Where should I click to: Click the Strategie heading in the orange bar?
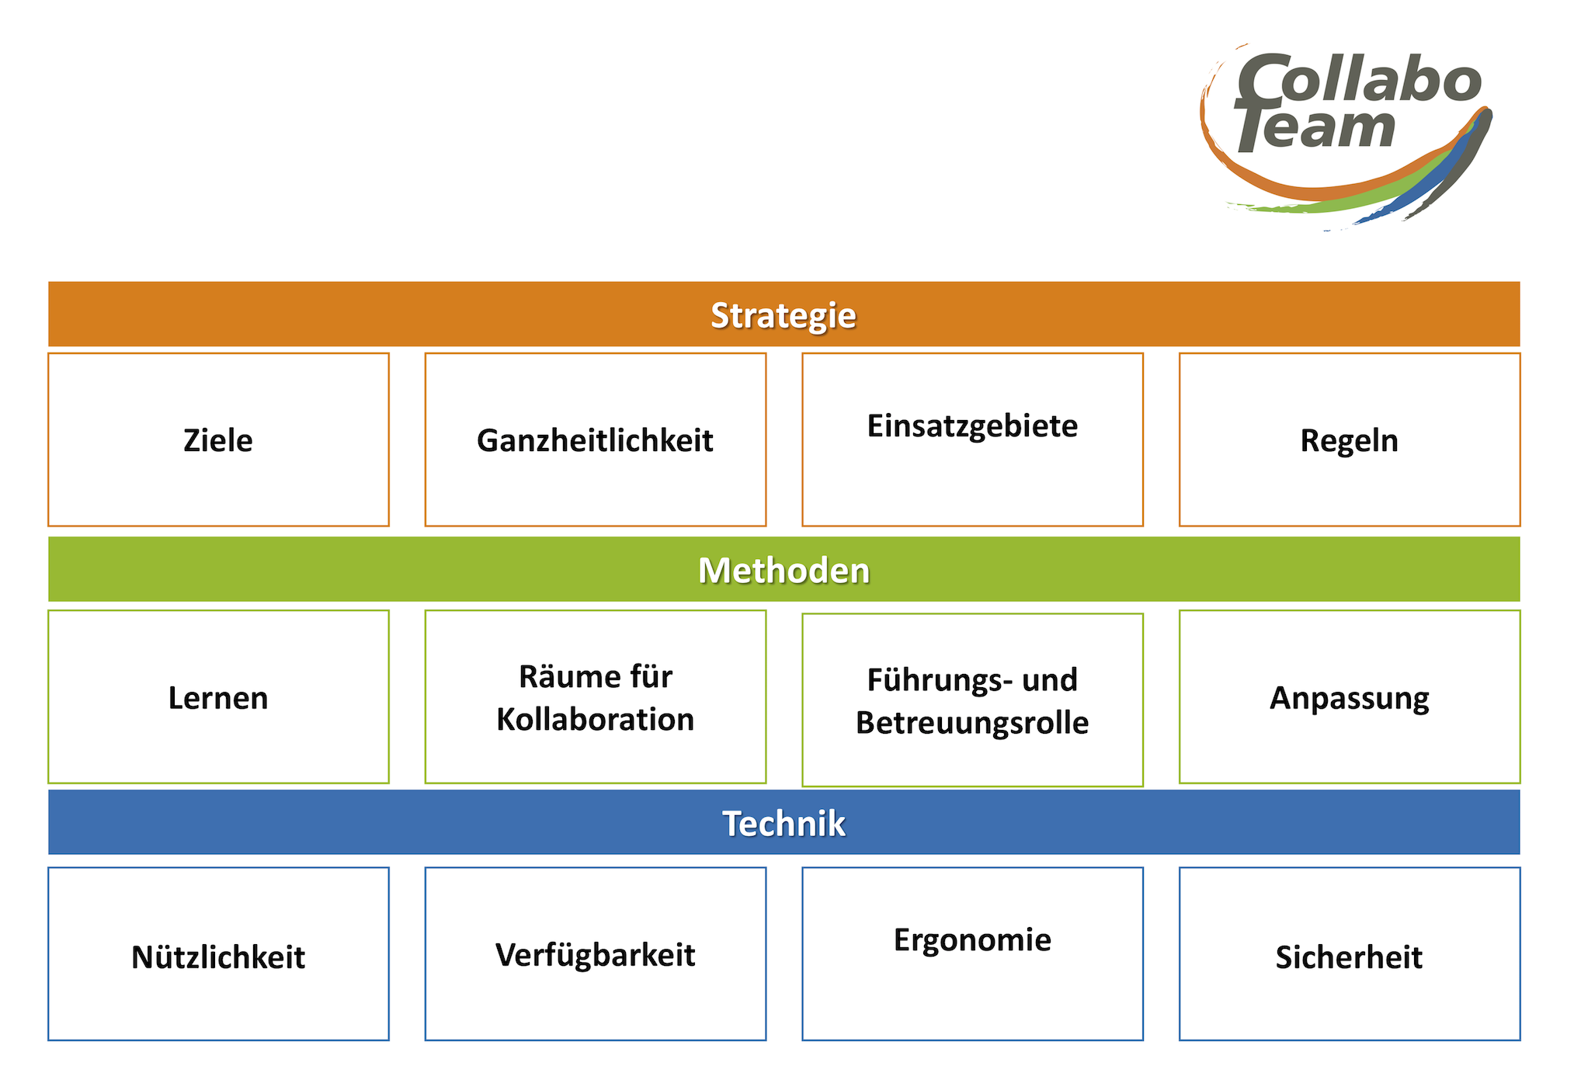784,315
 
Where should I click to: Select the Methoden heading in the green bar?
784,570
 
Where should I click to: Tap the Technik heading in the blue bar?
784,823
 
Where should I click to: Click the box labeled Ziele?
218,439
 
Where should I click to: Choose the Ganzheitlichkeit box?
596,439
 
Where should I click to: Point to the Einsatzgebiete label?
972,426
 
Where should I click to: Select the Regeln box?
1350,439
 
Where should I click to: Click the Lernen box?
218,696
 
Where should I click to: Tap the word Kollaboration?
596,719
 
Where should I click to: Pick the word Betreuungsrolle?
972,723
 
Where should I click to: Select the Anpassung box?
1350,696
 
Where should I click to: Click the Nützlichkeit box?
218,953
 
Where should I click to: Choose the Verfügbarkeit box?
596,953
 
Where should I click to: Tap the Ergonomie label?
972,940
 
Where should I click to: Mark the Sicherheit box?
1350,953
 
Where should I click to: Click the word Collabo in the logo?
1359,80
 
